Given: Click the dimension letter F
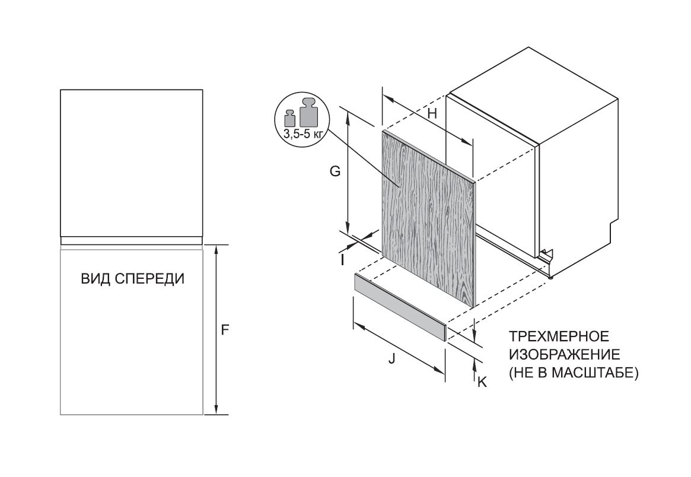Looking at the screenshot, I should pos(225,330).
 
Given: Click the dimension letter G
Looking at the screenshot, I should pos(335,172).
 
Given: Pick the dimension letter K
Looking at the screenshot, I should pos(482,383).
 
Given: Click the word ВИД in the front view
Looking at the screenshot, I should pos(94,278).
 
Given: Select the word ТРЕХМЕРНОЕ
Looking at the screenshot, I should pos(558,337).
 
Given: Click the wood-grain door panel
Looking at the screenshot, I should pos(427,220).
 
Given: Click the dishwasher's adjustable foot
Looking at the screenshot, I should pos(551,275).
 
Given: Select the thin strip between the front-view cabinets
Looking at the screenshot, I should pos(132,241).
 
